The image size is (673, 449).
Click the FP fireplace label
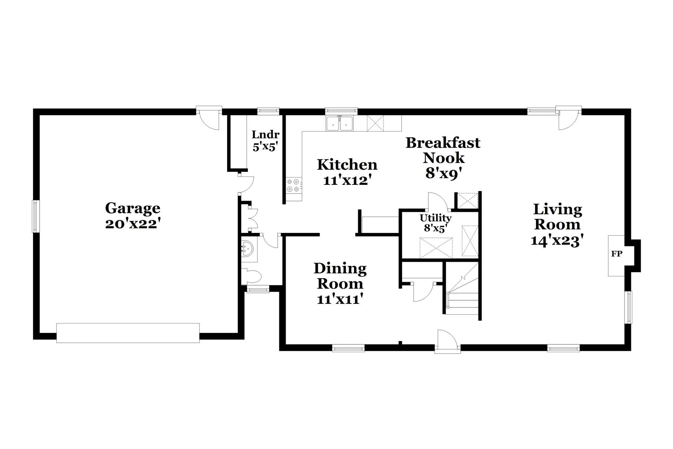617,254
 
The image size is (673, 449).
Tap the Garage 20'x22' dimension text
133,224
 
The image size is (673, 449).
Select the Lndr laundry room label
266,134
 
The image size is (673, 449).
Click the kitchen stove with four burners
293,185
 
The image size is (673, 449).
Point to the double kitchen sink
340,123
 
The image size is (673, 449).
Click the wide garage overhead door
128,333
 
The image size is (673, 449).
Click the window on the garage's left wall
35,216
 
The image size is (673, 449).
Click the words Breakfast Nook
443,150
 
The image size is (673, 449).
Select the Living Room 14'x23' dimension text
557,241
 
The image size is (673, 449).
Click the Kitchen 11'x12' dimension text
347,180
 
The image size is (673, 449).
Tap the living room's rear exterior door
569,120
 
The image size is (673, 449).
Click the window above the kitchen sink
341,111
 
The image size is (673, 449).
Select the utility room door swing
437,202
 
